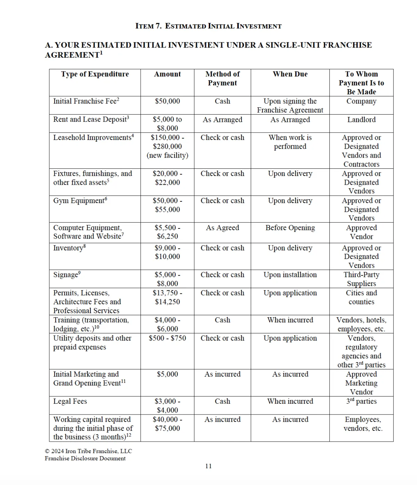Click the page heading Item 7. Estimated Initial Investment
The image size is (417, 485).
(x=208, y=26)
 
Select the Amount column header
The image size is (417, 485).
(x=167, y=74)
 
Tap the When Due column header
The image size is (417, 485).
(x=290, y=74)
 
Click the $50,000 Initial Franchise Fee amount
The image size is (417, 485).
(x=167, y=101)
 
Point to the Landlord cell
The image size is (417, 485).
(x=361, y=119)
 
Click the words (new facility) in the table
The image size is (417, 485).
(x=167, y=155)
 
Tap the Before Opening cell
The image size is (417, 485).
(x=290, y=228)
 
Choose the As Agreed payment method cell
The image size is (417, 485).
(x=222, y=228)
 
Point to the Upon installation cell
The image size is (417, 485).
(x=290, y=275)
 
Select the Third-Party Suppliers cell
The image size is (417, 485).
(x=361, y=279)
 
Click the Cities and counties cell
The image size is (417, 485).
(x=361, y=297)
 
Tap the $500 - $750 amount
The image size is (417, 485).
(x=167, y=338)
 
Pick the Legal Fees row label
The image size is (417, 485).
(x=70, y=401)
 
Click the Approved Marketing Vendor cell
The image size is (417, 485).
(x=361, y=383)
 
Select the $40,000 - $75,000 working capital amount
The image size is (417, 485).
(x=167, y=424)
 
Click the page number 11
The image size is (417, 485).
(x=208, y=466)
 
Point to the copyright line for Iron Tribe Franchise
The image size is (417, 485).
(x=88, y=451)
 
